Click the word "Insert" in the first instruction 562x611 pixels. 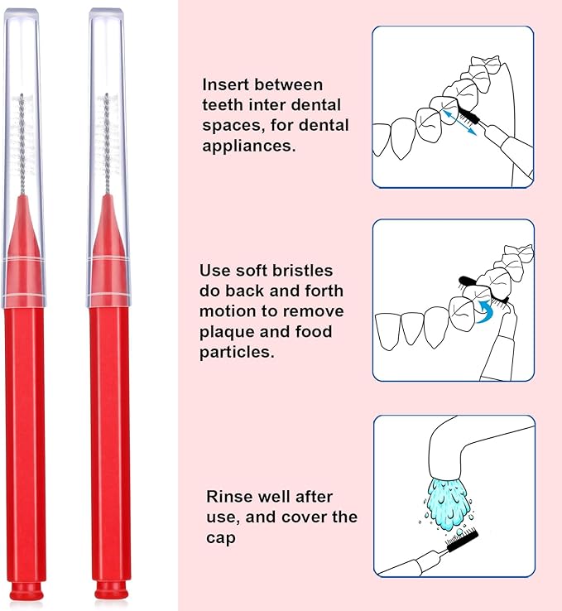coord(225,84)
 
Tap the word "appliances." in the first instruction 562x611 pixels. coord(247,145)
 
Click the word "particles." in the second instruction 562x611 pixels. coord(236,352)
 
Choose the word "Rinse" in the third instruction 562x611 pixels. coord(228,497)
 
